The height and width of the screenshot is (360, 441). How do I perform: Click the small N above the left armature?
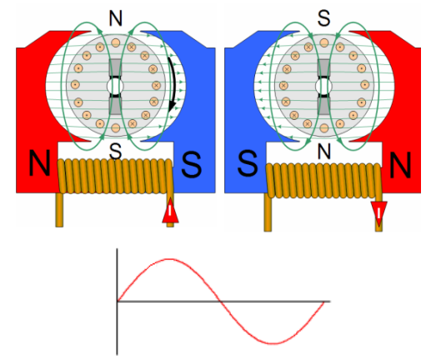point(116,19)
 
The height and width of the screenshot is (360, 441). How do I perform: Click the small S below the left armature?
point(116,152)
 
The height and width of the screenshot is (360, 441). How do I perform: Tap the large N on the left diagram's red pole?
point(39,163)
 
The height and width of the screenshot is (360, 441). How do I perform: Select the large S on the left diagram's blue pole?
point(192,165)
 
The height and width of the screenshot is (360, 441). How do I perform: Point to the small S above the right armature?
point(323,18)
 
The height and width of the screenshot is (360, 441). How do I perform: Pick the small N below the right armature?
point(324,152)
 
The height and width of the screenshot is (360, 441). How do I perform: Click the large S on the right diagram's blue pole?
point(248,163)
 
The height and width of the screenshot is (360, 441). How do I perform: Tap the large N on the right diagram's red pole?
point(400,165)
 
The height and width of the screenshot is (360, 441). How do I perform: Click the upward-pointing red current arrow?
point(170,211)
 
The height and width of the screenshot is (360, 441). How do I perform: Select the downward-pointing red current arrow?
point(378,213)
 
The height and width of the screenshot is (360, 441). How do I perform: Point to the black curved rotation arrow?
point(173,84)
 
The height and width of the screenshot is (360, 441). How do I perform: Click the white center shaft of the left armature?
point(115,86)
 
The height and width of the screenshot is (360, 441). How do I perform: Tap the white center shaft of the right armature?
point(323,86)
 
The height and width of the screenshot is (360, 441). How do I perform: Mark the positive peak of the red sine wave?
point(169,259)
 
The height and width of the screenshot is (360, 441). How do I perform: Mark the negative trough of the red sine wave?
point(273,343)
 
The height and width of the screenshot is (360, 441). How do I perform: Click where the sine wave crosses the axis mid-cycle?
point(220,302)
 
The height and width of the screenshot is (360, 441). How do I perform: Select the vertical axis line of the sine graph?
point(117,302)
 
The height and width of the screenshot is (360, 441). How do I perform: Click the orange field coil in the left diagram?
point(115,176)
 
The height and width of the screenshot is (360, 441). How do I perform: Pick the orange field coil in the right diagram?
point(323,181)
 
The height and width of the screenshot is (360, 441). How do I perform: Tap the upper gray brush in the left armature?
point(115,67)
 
